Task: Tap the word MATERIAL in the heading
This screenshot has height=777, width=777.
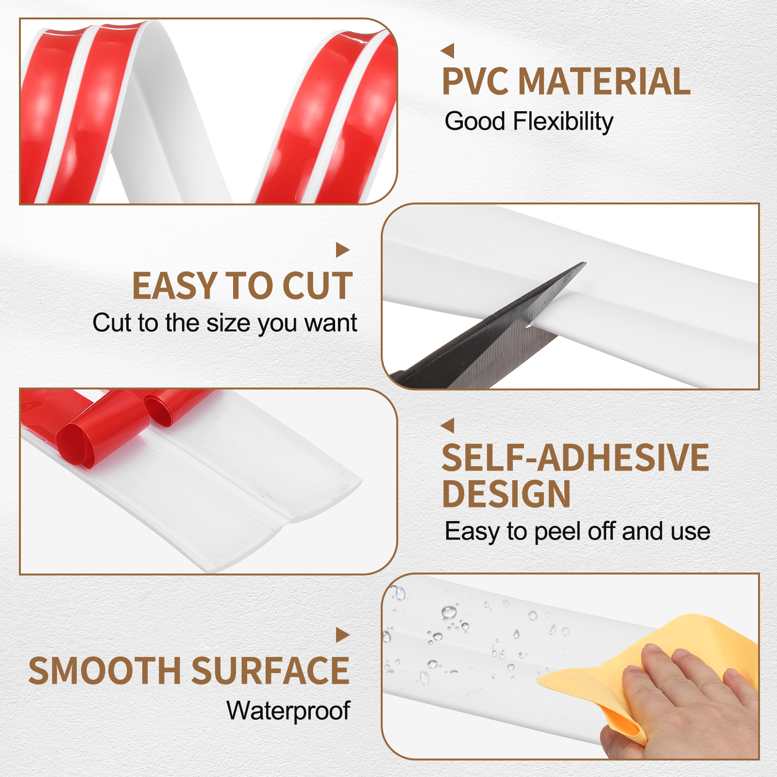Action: [604, 81]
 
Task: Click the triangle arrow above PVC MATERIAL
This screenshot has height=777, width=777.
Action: [447, 51]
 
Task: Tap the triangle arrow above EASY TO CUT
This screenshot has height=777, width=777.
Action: [343, 250]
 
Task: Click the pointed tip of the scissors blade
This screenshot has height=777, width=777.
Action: [585, 263]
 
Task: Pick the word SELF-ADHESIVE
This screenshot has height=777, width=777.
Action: [575, 457]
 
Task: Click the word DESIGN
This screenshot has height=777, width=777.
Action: [507, 494]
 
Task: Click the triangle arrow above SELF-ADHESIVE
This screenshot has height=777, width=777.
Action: [447, 425]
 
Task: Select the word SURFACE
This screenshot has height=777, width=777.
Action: [270, 671]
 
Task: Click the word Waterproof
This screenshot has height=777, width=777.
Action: [288, 711]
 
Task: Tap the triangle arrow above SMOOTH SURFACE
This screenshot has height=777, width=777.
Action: [343, 635]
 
